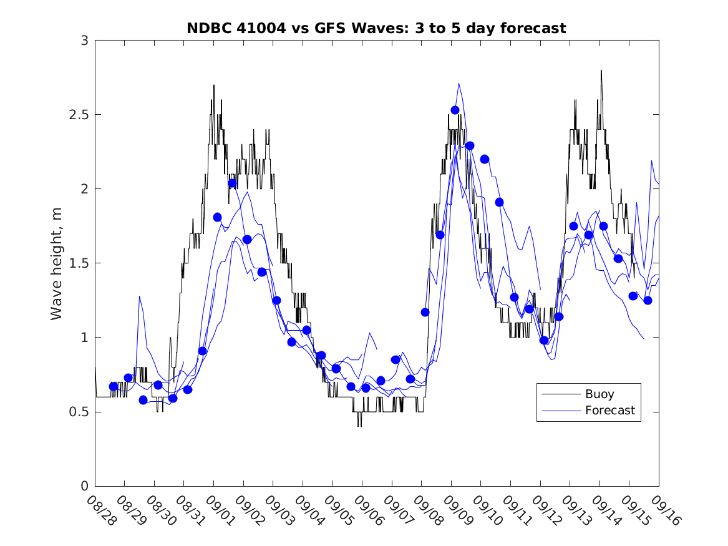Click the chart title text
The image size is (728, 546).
click(376, 28)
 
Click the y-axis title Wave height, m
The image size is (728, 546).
click(57, 263)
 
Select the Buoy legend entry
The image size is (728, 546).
click(599, 394)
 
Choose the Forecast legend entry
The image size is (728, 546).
click(609, 411)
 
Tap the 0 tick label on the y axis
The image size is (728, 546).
click(84, 486)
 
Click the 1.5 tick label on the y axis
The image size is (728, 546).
click(79, 263)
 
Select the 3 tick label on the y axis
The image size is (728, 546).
click(84, 41)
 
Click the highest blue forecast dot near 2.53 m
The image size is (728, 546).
click(455, 110)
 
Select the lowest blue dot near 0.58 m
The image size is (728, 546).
click(143, 400)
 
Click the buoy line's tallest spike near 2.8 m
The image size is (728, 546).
click(601, 71)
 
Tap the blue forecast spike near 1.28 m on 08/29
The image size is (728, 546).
click(139, 296)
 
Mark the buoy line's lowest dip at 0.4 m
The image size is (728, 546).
click(359, 426)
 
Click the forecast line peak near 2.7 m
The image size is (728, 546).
click(459, 84)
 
